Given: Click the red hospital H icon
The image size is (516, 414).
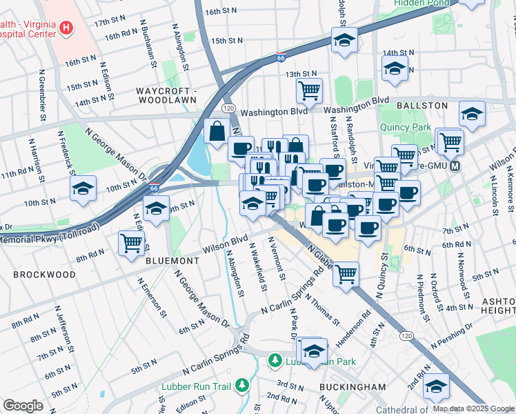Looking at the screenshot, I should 66,28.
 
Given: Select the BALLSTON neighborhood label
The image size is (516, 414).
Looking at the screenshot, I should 424,106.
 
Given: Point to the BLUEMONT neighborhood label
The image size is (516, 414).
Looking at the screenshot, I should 172,261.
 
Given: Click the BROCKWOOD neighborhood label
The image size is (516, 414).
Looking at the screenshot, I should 44,274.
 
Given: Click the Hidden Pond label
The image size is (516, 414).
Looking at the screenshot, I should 421,3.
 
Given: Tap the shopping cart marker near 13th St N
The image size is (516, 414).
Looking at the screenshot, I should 310,89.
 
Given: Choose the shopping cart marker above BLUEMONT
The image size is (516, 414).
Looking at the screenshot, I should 131,242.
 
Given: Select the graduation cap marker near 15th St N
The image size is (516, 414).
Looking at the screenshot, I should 344,40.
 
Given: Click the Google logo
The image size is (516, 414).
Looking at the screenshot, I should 23,406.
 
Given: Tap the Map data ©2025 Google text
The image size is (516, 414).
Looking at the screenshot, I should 473,408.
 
